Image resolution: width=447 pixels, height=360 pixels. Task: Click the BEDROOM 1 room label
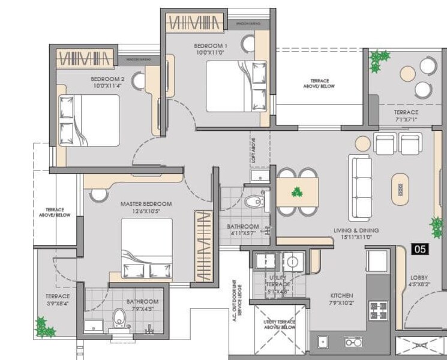click(211, 46)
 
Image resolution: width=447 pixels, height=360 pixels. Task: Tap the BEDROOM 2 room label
click(107, 79)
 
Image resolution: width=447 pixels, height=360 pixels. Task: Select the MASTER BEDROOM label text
click(146, 204)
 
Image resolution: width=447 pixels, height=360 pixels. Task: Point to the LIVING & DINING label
click(356, 230)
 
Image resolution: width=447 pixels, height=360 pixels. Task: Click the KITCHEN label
click(341, 296)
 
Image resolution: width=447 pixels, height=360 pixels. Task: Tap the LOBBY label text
click(419, 278)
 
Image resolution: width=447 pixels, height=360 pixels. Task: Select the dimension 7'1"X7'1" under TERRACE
click(406, 119)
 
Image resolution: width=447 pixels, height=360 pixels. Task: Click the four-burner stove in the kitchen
click(378, 310)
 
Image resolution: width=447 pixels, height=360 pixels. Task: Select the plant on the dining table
click(296, 192)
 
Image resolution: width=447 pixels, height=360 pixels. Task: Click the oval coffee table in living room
click(400, 188)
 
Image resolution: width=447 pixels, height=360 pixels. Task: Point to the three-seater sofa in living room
click(359, 187)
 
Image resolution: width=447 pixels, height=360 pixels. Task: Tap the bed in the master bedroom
click(147, 248)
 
